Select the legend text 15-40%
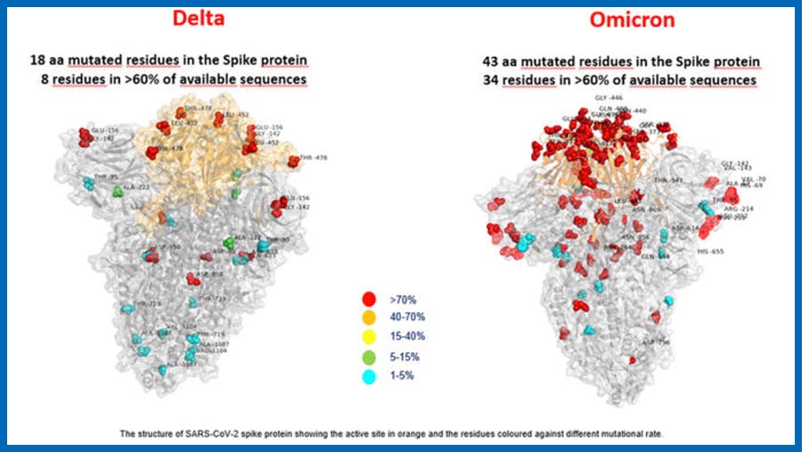click(x=405, y=337)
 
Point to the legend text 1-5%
click(x=400, y=376)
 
